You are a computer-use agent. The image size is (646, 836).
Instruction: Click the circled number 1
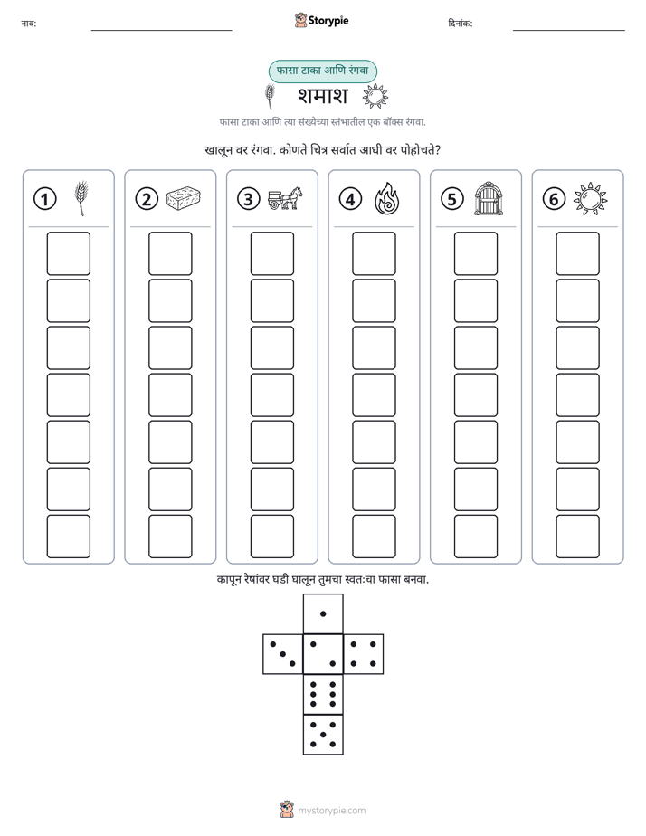click(x=44, y=199)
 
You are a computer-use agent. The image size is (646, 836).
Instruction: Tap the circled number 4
click(x=350, y=199)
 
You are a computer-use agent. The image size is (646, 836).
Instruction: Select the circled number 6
click(x=554, y=199)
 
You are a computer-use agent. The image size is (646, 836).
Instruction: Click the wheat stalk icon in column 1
click(x=81, y=198)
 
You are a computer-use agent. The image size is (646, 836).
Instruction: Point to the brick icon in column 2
click(x=184, y=198)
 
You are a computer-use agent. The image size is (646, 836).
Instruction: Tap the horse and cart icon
click(x=285, y=198)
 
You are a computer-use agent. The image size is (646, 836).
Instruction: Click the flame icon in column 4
click(x=387, y=198)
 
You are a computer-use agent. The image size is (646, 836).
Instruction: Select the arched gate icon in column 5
click(x=489, y=199)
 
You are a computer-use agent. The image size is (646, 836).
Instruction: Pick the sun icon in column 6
click(x=591, y=199)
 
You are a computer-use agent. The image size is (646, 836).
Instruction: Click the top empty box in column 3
click(x=271, y=253)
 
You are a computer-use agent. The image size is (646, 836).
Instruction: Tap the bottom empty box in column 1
click(x=68, y=537)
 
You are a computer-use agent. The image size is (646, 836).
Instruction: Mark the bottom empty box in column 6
click(x=578, y=537)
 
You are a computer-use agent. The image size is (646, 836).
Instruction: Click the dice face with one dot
click(x=323, y=614)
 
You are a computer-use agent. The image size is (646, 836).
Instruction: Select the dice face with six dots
click(x=323, y=694)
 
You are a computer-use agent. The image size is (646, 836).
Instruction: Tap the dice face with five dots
click(x=323, y=735)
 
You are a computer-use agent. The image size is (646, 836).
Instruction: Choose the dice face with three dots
click(x=283, y=654)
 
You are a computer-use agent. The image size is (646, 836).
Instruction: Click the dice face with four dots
click(x=364, y=654)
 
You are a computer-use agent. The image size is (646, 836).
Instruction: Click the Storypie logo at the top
click(x=321, y=21)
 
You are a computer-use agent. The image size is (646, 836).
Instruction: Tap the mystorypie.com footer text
click(x=331, y=811)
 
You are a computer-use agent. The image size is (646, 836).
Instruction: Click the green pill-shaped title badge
click(x=322, y=71)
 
